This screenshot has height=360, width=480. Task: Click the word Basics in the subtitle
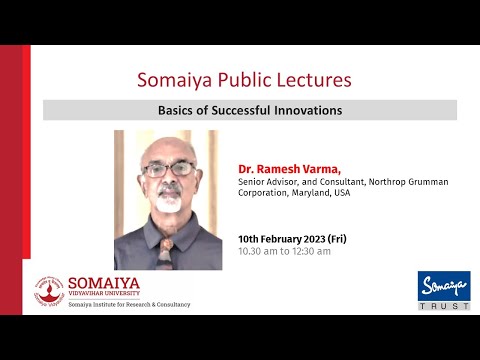coord(178,110)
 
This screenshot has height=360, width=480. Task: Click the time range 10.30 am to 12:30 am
coord(284,252)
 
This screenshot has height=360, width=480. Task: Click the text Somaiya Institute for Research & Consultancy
coord(128,303)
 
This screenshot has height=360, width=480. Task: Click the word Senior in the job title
coord(252,182)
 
